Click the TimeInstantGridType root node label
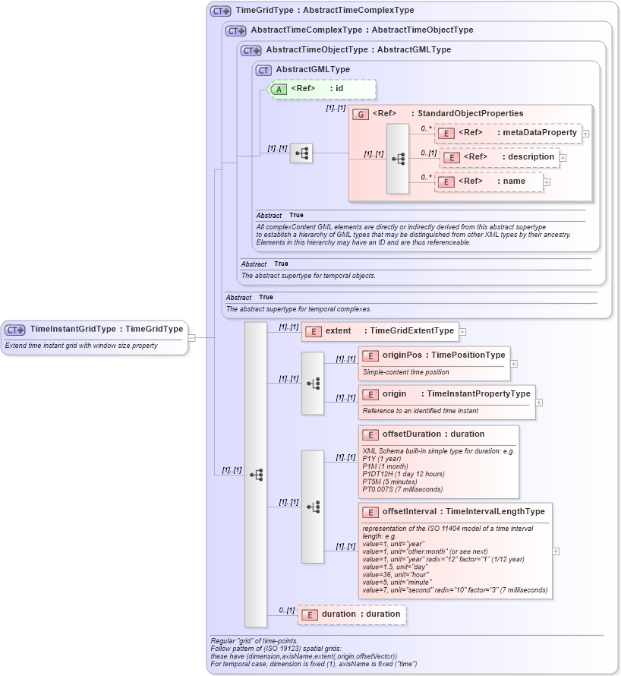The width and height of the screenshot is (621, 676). click(x=106, y=329)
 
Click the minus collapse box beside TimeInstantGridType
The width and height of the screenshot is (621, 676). click(x=192, y=338)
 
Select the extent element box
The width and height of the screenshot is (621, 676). click(x=379, y=331)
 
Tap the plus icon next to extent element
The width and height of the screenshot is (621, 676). click(x=462, y=331)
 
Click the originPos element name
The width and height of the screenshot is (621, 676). click(x=402, y=355)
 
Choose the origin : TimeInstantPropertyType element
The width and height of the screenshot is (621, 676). click(x=447, y=394)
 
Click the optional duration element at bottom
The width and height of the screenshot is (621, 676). click(x=351, y=614)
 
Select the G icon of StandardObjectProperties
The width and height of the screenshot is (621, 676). click(x=361, y=114)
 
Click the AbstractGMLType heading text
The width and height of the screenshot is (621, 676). click(x=313, y=70)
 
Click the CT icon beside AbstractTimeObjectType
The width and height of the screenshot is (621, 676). click(x=251, y=50)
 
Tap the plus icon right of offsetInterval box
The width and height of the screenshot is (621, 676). click(x=556, y=551)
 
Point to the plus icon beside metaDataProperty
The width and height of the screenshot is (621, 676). click(x=585, y=133)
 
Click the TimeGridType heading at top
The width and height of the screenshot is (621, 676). click(x=325, y=11)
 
